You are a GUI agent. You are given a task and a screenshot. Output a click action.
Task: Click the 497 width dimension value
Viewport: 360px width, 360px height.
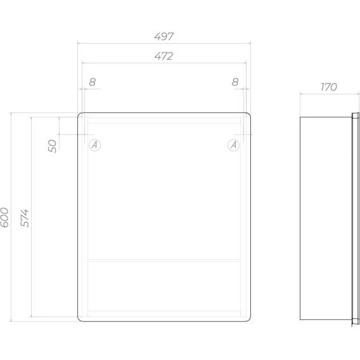[164, 37]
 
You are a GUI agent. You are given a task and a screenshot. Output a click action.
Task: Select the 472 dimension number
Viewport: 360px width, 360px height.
[164, 56]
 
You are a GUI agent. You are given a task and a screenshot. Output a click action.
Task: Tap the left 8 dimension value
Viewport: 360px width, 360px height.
[93, 82]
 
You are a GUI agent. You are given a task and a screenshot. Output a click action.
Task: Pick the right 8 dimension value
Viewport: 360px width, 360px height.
[235, 82]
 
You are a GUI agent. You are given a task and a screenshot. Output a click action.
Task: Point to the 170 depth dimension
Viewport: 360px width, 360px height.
[329, 87]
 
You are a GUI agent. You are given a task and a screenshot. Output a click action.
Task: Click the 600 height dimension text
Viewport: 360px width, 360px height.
[4, 217]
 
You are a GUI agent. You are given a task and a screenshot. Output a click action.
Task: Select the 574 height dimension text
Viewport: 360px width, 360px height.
[25, 218]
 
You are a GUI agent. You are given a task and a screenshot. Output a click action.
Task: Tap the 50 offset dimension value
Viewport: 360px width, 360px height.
[53, 146]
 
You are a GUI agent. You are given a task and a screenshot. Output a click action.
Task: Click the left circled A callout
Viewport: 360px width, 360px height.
[94, 145]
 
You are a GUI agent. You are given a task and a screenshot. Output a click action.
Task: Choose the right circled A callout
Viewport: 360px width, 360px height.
[233, 145]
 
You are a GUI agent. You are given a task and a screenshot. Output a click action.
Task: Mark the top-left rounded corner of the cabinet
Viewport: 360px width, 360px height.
[79, 114]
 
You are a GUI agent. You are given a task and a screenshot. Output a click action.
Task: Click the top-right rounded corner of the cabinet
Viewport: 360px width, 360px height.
[249, 114]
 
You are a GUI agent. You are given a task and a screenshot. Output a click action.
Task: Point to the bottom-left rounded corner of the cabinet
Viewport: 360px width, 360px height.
[79, 319]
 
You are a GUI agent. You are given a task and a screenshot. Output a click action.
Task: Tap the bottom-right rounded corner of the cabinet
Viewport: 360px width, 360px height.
[249, 319]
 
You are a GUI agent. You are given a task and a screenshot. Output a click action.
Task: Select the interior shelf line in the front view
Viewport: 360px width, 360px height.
[164, 260]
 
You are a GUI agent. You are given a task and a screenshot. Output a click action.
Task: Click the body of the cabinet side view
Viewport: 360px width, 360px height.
[326, 218]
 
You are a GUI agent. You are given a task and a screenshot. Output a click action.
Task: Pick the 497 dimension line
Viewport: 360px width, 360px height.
[164, 43]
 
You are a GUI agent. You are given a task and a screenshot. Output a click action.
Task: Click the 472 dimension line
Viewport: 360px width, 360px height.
[164, 63]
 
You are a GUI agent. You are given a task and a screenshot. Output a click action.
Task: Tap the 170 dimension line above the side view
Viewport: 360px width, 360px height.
[330, 94]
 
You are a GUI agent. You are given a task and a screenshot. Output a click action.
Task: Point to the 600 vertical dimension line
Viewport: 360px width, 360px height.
[11, 217]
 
